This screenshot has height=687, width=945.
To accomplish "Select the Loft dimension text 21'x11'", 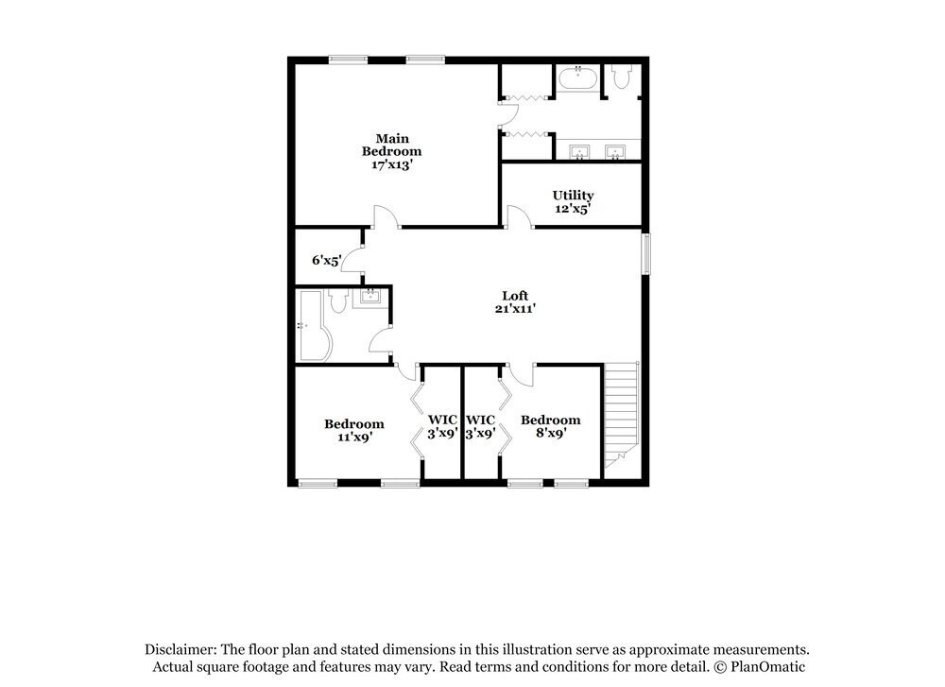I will pos(514,308).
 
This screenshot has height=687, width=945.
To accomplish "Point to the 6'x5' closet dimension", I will pos(327,259).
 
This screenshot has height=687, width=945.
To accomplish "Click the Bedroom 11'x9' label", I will pos(354,431).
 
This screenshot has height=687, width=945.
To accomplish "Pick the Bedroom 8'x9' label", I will pos(551,426).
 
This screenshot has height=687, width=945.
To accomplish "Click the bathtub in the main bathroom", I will pos(576,78).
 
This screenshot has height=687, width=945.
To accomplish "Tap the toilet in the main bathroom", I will pos(620,77).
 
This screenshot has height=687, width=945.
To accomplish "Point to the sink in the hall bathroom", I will pos(369,299).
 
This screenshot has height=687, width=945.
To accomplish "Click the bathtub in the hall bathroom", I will pos(311,325).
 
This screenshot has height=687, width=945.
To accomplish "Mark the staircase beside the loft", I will pos(620,412).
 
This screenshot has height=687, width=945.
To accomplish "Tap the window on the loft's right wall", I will pos(646,253).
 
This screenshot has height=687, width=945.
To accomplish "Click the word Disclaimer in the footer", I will pos(180,650).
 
